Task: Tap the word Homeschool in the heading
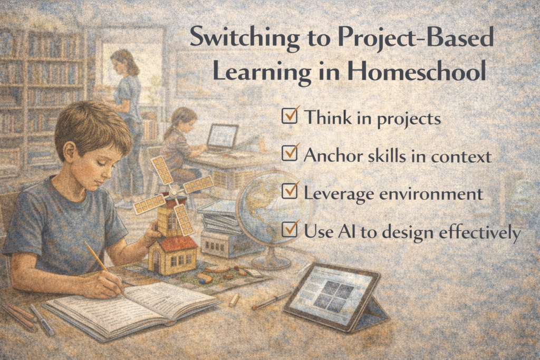click(417, 71)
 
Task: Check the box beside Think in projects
click(290, 115)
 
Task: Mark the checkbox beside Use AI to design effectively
click(290, 229)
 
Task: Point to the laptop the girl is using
click(222, 138)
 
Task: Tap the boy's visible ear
click(70, 151)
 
